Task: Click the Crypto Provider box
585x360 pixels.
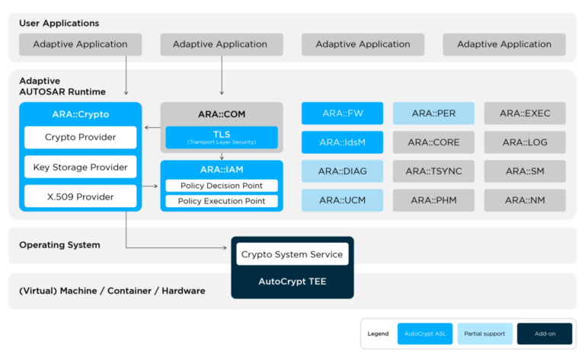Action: click(x=80, y=138)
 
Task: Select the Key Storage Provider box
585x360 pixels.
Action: click(x=80, y=167)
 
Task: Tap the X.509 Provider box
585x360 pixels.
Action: click(x=80, y=197)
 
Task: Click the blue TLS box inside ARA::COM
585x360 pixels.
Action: click(x=221, y=138)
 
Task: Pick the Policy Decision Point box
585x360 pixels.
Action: click(x=221, y=186)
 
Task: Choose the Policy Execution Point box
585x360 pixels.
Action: click(x=221, y=201)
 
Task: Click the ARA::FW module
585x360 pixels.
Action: click(x=342, y=113)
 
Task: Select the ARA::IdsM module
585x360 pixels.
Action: click(x=342, y=142)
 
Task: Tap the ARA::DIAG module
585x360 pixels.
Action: click(x=342, y=171)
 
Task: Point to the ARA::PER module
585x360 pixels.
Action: click(x=433, y=113)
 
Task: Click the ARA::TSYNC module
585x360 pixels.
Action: click(x=433, y=171)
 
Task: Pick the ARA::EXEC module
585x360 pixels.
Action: click(x=525, y=113)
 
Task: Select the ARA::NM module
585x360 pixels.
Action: click(x=525, y=200)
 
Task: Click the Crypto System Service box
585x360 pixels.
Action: click(x=292, y=254)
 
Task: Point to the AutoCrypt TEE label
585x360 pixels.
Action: click(x=292, y=281)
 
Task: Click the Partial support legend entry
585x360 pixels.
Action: click(x=484, y=334)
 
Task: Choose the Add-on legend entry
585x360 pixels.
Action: click(x=545, y=334)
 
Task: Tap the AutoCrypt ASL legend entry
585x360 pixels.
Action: click(x=425, y=334)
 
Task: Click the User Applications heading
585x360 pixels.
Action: click(x=59, y=24)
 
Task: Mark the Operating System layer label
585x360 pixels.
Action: click(x=59, y=245)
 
